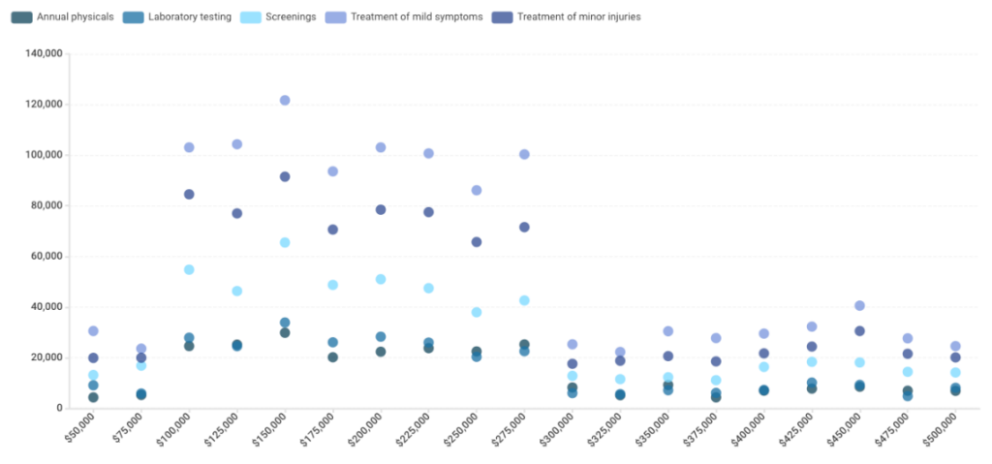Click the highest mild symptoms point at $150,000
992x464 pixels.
point(285,101)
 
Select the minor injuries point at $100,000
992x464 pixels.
point(189,195)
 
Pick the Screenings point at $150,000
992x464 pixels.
point(285,243)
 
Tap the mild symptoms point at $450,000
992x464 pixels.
point(859,306)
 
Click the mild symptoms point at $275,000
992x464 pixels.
point(524,155)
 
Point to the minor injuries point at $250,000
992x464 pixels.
point(477,242)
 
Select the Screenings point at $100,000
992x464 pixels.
point(189,270)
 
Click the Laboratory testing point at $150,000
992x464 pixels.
point(285,323)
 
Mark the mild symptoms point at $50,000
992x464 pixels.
point(93,331)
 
